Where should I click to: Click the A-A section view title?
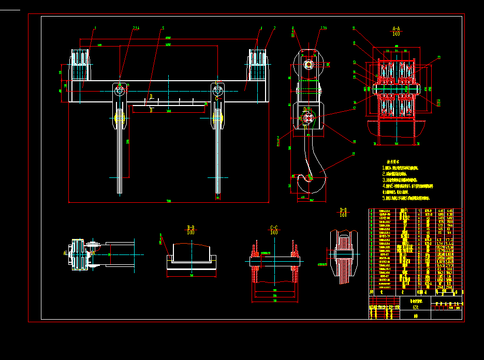tap(396, 31)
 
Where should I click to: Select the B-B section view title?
tap(190, 230)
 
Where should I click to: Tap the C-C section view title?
tap(274, 230)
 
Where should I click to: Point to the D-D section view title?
tap(343, 212)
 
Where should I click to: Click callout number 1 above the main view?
tap(95, 28)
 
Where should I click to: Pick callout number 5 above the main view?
tap(163, 28)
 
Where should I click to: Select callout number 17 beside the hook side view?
tap(355, 109)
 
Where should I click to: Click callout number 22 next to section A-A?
tap(439, 58)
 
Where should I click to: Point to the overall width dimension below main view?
tap(168, 201)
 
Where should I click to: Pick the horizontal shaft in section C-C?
tap(273, 262)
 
